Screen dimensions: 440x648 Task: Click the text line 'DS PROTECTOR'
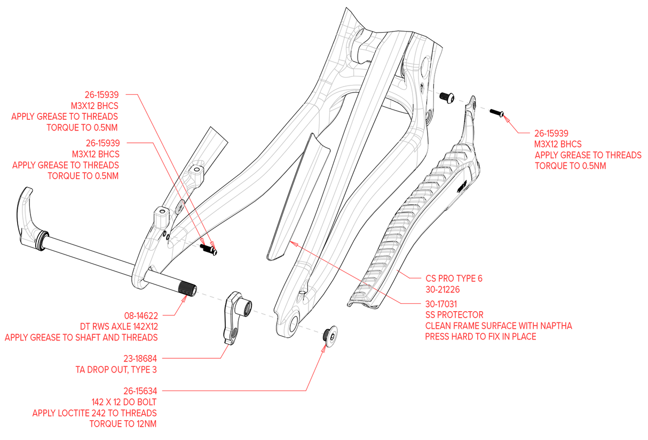tap(454, 314)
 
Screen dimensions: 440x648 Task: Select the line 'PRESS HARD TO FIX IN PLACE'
tap(480, 337)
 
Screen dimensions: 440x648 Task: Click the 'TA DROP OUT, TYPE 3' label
tap(115, 369)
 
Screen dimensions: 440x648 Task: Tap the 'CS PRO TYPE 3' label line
tap(454, 279)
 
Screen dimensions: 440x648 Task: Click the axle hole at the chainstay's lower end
tap(293, 322)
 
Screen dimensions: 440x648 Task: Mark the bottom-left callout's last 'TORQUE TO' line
tap(123, 424)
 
